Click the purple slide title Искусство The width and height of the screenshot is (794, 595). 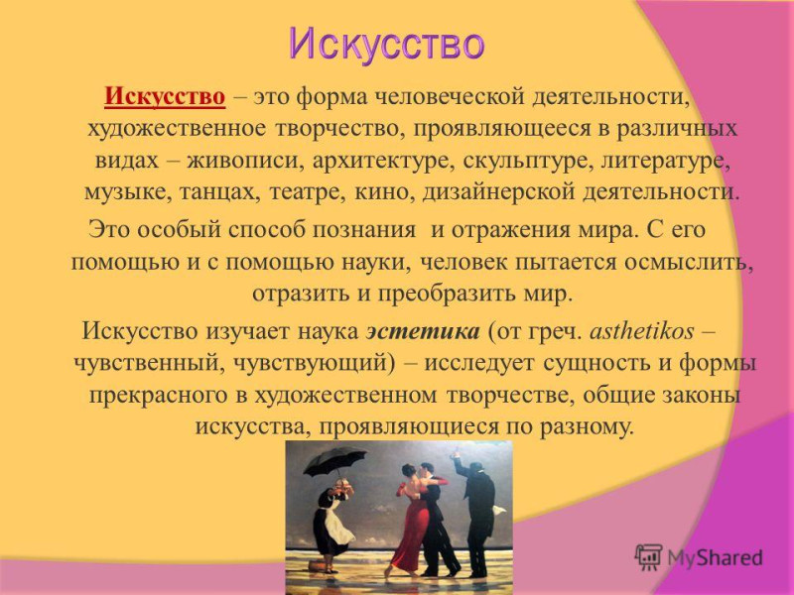[x=387, y=45]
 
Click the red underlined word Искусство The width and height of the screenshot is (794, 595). [x=165, y=96]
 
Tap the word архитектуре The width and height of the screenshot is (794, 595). [x=384, y=162]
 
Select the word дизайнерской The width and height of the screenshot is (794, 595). [x=498, y=193]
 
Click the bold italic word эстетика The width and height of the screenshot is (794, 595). [x=423, y=331]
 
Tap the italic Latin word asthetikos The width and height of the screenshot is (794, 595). [x=642, y=331]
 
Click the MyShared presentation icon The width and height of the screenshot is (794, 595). [x=649, y=557]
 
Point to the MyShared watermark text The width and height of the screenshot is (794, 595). [x=715, y=557]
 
